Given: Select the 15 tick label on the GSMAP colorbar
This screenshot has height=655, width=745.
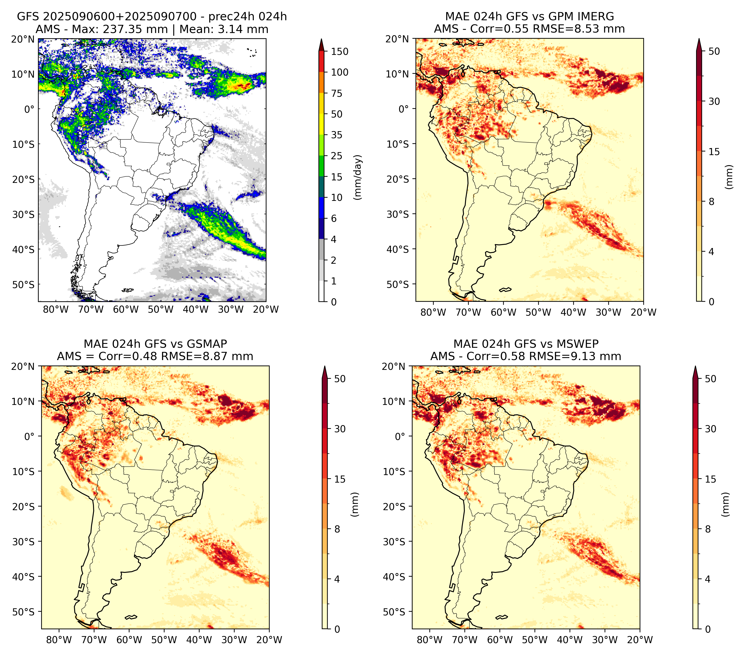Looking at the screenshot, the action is (x=340, y=479).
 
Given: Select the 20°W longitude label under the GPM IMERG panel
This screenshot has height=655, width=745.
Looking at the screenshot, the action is (x=643, y=312).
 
